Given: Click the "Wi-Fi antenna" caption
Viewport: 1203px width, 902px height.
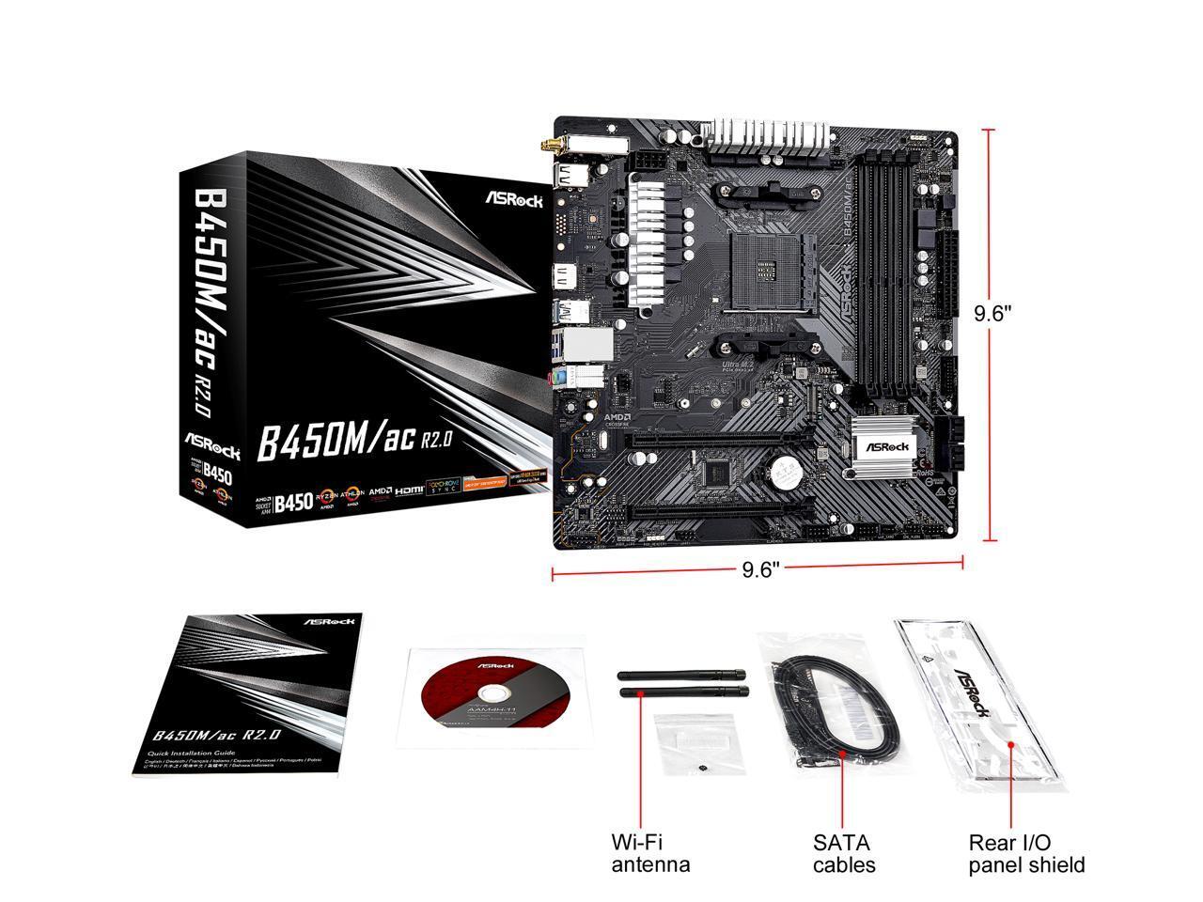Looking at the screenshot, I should [650, 853].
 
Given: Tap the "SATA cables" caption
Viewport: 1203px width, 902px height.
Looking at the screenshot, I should [844, 853].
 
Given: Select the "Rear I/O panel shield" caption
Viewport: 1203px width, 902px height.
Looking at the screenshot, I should [1026, 853].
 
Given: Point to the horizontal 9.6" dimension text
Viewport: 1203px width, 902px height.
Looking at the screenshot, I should [760, 570].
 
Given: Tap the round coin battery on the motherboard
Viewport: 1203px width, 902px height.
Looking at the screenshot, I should [786, 468].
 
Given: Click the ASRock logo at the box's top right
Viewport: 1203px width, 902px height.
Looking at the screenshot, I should [513, 199].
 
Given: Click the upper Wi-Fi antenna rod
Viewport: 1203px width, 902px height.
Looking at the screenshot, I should [681, 675].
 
